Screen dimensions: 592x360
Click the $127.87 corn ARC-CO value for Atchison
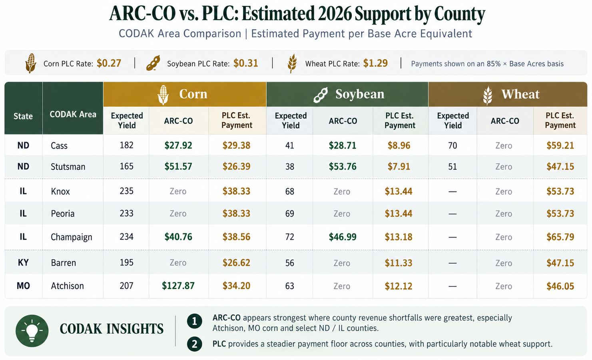click(x=178, y=286)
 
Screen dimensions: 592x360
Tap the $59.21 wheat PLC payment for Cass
click(x=560, y=146)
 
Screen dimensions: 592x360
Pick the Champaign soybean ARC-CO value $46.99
click(x=343, y=237)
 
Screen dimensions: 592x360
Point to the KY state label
click(x=23, y=262)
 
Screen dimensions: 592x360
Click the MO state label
click(x=23, y=286)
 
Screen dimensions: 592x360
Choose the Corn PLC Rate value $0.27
click(x=109, y=63)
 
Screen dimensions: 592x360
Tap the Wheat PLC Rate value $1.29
click(x=375, y=63)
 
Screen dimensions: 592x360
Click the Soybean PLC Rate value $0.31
click(x=246, y=63)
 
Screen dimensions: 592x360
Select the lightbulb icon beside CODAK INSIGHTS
click(x=32, y=331)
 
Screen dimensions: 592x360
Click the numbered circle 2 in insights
click(x=195, y=344)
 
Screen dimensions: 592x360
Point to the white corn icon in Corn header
click(x=163, y=95)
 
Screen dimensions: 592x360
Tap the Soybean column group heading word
click(x=360, y=94)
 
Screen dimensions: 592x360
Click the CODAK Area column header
click(x=73, y=114)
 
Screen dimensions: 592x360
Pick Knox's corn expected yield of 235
click(x=126, y=191)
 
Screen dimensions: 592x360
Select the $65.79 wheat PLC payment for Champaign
click(x=560, y=237)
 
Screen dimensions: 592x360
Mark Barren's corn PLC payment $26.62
click(x=236, y=262)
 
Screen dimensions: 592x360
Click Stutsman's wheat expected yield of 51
click(x=452, y=167)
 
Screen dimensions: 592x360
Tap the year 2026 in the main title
click(x=334, y=14)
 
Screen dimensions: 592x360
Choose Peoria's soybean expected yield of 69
click(x=290, y=214)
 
